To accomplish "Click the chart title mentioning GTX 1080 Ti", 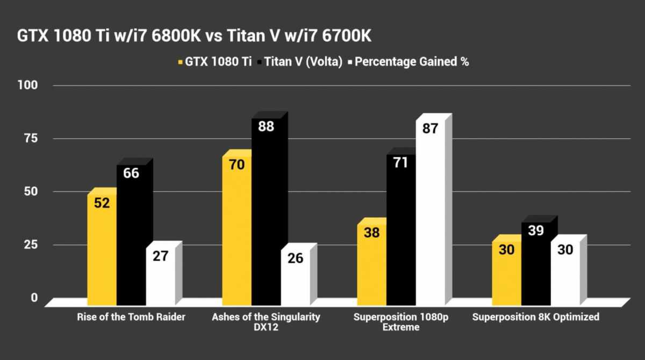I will [194, 37].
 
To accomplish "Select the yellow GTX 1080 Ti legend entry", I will [215, 62].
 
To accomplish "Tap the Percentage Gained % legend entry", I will [408, 62].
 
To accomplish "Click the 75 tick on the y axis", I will [30, 139].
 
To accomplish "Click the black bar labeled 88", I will [266, 210].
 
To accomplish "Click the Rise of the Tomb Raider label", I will [131, 317].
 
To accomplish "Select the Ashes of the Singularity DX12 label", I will [266, 322].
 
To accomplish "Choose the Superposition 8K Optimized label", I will [535, 317].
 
